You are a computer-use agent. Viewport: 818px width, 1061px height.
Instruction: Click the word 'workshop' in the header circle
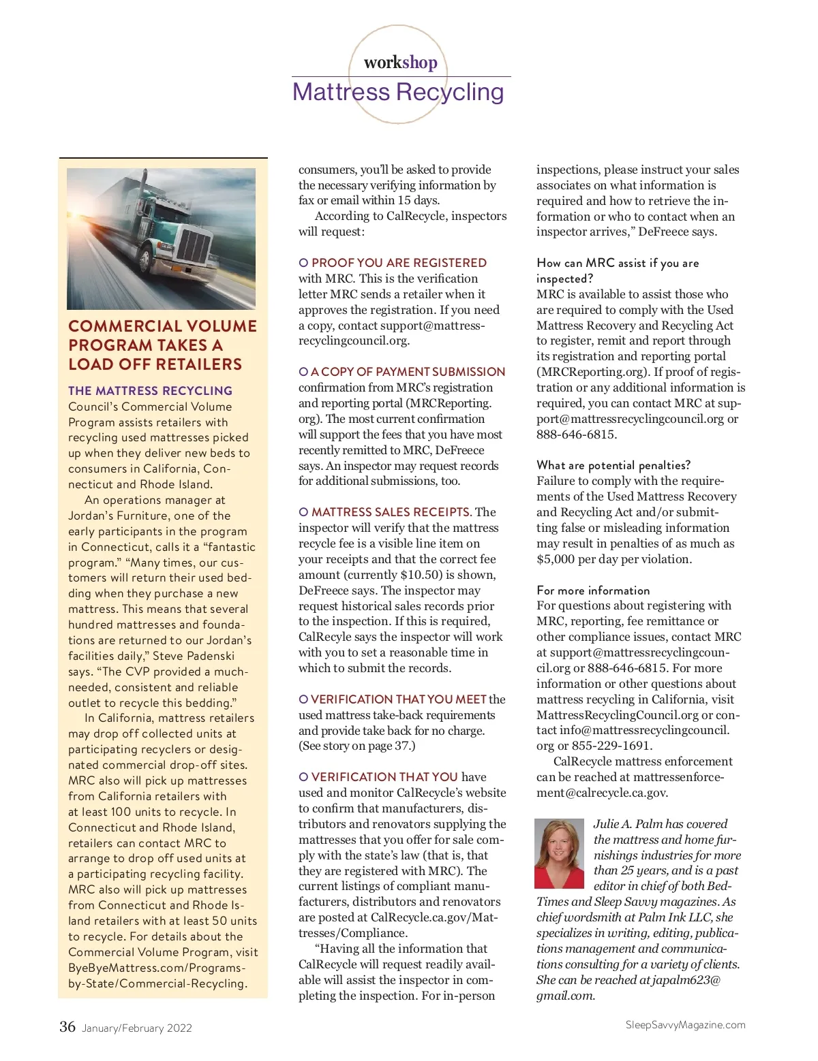(x=400, y=63)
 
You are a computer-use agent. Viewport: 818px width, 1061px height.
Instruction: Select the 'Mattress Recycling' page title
(x=398, y=92)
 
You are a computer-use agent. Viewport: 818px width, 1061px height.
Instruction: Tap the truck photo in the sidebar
(x=161, y=238)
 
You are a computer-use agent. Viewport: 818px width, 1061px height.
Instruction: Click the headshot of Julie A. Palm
(x=559, y=853)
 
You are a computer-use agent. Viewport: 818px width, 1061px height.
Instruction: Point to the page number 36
(x=67, y=1027)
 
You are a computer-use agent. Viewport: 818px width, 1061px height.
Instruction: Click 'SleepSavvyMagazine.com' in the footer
(x=685, y=1025)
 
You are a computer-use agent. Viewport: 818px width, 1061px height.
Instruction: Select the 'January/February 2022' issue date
(x=137, y=1028)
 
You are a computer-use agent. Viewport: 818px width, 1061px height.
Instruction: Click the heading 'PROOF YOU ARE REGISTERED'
(x=399, y=263)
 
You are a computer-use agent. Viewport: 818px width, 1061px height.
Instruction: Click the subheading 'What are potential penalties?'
(x=613, y=465)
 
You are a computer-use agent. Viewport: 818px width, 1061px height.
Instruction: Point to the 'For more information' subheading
(x=593, y=590)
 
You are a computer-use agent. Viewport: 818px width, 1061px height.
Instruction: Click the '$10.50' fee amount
(x=422, y=575)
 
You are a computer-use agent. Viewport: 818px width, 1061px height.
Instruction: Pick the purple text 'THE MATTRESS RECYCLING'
(x=150, y=391)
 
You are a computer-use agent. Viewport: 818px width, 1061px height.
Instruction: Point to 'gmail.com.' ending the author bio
(x=565, y=996)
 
